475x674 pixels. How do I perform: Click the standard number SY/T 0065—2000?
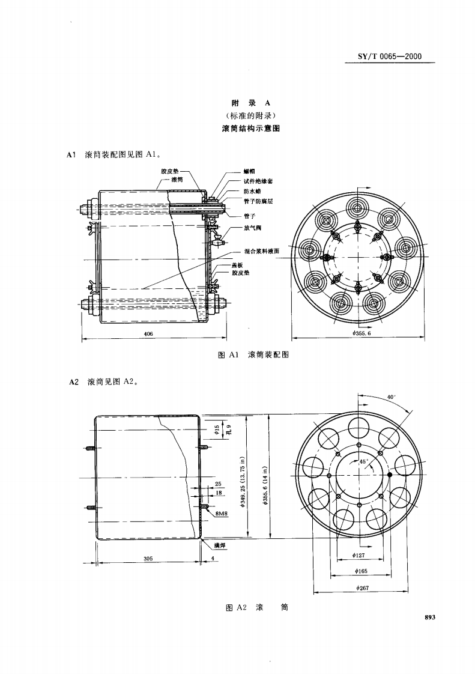tap(390, 57)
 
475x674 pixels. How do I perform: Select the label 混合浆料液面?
tap(262, 252)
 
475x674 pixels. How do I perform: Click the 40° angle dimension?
tap(390, 397)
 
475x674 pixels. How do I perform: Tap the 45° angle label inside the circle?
tap(363, 461)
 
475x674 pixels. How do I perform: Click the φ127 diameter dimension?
tap(360, 556)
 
